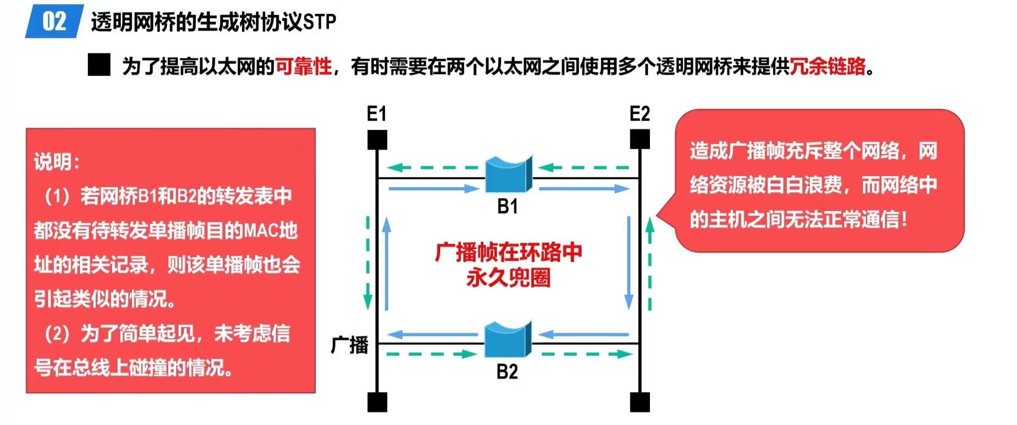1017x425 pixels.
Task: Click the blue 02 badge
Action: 54,22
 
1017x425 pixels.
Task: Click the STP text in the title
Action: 319,22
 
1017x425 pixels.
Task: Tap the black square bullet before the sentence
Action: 99,66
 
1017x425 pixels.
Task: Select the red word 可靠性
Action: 304,67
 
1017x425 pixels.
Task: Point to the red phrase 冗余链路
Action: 827,67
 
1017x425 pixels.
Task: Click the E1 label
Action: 377,114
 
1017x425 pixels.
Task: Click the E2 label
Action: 639,114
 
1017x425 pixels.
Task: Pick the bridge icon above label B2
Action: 508,340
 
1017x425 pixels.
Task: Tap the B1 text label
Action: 507,206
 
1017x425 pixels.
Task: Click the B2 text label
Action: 507,372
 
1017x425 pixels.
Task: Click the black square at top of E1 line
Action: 377,140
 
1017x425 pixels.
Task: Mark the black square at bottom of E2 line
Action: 640,402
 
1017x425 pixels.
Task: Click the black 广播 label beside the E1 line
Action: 350,345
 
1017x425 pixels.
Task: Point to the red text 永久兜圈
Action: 508,278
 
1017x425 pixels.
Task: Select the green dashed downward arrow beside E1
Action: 368,262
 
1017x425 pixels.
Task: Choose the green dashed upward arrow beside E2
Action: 650,263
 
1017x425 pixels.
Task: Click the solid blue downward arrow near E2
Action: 629,262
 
